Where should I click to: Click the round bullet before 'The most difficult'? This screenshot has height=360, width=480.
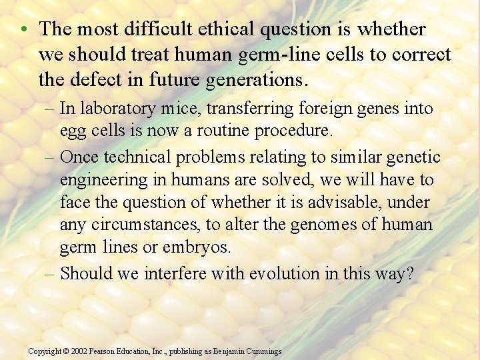[23, 30]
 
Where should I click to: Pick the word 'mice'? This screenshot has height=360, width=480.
[164, 108]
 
